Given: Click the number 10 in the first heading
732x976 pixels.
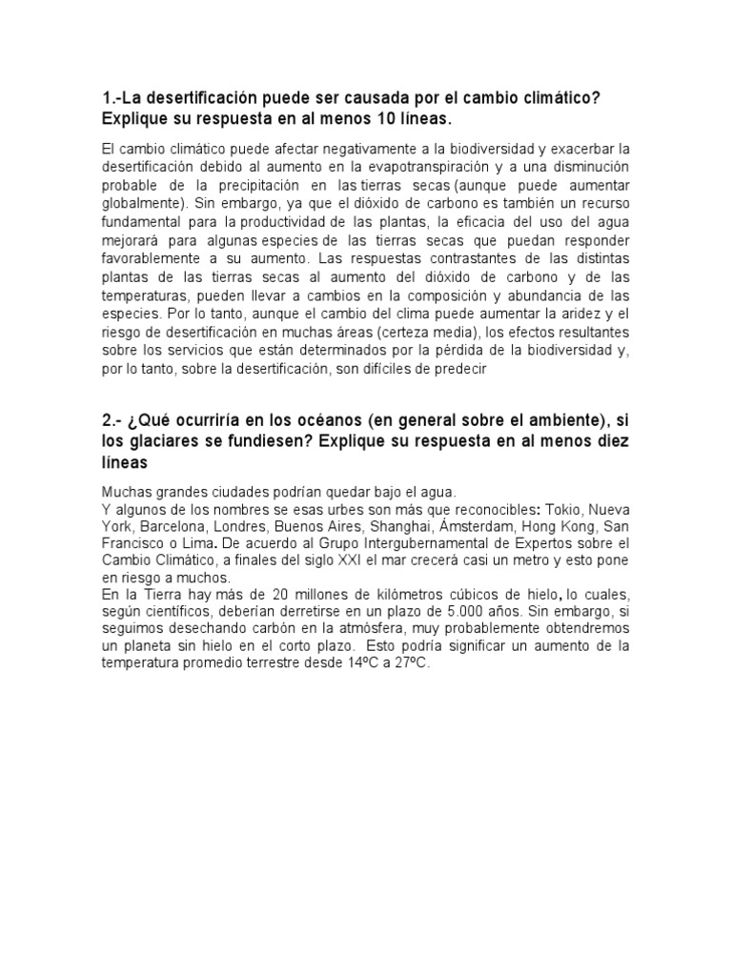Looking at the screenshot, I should point(377,116).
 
